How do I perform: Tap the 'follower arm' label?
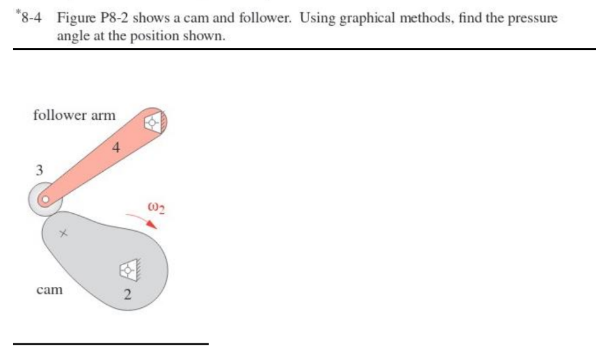coord(74,115)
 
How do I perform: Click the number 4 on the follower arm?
coord(115,149)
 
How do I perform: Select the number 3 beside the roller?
coord(39,171)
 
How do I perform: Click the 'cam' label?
coord(49,290)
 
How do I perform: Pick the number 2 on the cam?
coord(127,295)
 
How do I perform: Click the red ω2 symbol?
coord(156,208)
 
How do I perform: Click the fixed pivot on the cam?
coord(129,270)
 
